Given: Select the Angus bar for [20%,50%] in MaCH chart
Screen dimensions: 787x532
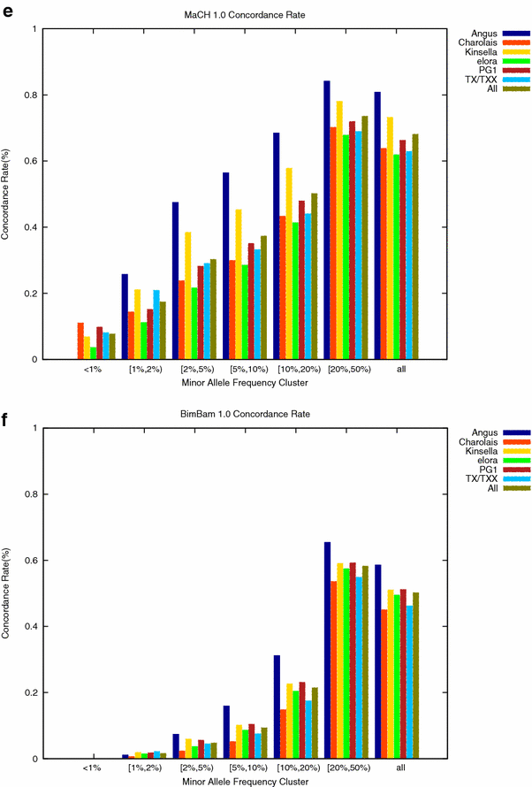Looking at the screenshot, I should [327, 220].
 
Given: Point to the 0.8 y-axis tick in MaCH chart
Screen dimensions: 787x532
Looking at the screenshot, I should [32, 95].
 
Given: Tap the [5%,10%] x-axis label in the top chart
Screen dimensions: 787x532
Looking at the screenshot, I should [245, 368].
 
